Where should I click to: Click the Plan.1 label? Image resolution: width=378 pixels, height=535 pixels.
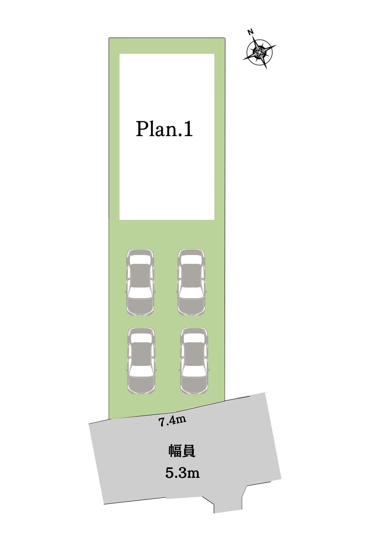pos(164,129)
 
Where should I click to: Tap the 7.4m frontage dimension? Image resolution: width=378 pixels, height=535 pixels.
pos(172,421)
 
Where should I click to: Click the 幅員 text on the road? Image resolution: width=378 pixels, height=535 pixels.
pos(182,451)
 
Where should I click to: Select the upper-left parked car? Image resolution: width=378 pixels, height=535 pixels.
pos(140,282)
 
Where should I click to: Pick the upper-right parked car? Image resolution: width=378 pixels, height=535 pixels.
pos(191,282)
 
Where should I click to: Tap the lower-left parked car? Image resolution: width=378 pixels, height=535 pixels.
pos(142,361)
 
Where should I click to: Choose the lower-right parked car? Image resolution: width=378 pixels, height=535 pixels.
pos(194,361)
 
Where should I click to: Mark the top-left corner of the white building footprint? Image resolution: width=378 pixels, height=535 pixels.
pos(119,54)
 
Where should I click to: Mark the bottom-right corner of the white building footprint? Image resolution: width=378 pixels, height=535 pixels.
pos(214,220)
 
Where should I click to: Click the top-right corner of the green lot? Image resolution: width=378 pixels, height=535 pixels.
pos(225,38)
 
